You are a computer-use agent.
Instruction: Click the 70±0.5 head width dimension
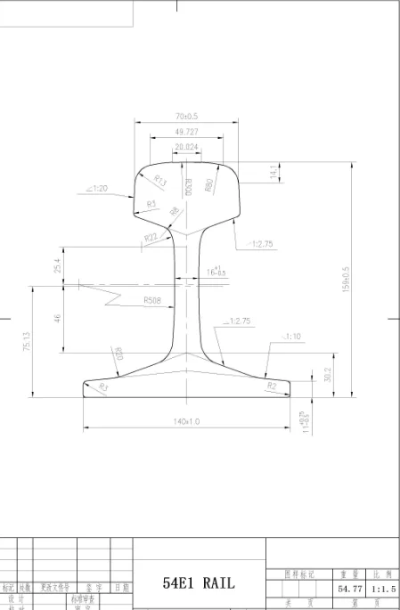pos(186,116)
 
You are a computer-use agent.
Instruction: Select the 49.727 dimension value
pos(186,132)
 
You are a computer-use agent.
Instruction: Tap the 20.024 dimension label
pos(186,147)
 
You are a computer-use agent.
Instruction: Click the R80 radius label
pos(208,185)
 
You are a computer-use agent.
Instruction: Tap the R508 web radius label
pos(154,301)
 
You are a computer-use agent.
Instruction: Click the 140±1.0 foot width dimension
pos(187,421)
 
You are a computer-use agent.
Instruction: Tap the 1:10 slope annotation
pos(293,338)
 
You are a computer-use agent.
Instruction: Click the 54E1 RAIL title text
pos(200,583)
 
